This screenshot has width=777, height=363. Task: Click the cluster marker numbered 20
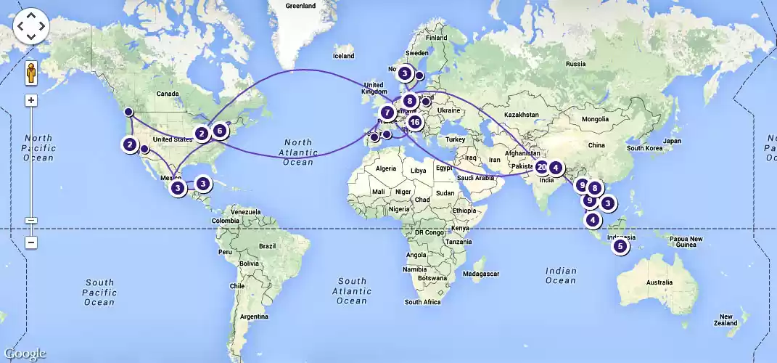click(x=541, y=167)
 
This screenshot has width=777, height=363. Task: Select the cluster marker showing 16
click(x=414, y=122)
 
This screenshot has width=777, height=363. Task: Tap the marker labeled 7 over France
click(x=387, y=113)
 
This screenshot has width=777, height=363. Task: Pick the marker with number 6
click(x=219, y=131)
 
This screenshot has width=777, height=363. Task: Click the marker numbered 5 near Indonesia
click(x=620, y=246)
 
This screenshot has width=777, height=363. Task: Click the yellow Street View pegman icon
click(x=31, y=73)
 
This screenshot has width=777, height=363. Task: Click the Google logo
click(x=24, y=354)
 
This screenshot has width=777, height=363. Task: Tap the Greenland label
click(x=300, y=6)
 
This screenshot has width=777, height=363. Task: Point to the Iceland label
click(x=343, y=56)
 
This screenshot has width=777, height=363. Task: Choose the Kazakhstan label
click(x=522, y=115)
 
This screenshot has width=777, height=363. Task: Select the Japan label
click(x=675, y=141)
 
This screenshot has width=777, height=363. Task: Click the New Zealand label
click(x=726, y=319)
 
